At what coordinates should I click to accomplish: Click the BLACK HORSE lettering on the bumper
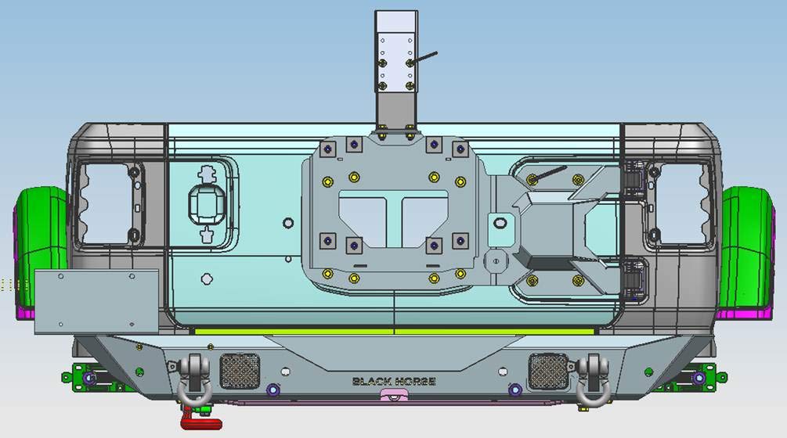point(394,382)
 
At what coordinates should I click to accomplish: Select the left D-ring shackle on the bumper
point(195,381)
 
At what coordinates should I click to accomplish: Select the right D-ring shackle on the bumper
point(594,381)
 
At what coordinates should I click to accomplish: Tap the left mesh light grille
point(240,371)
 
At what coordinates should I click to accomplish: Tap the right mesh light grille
point(548,371)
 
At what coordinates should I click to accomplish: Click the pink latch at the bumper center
point(394,396)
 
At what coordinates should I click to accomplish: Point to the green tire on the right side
point(746,246)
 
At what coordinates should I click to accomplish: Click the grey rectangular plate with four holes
point(96,301)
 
